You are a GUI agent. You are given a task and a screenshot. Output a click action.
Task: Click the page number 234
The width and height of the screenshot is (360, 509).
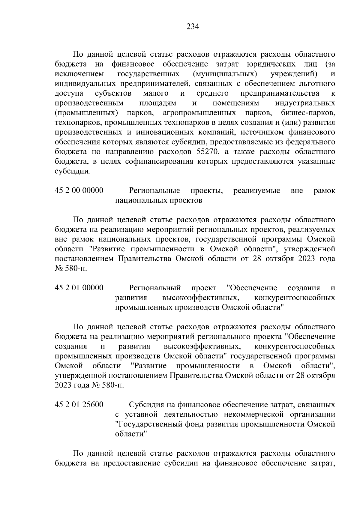pos(193,27)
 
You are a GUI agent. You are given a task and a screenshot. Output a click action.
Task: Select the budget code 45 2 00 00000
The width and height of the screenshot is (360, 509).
pos(79,190)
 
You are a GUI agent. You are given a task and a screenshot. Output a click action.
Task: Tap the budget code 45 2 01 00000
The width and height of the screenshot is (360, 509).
pos(79,288)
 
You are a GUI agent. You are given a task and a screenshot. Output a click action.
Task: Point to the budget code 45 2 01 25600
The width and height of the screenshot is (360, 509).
pos(79,405)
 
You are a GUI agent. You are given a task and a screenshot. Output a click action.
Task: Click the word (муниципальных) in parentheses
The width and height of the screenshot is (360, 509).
pos(225,74)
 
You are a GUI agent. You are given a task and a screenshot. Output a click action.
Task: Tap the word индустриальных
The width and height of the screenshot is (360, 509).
pos(305,103)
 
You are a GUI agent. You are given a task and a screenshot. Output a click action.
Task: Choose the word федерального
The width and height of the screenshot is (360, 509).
pos(306,142)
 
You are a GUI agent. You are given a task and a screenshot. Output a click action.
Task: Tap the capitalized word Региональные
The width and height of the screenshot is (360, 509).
pos(154,190)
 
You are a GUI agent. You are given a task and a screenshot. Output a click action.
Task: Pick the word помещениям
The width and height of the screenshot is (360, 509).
pos(235,103)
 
